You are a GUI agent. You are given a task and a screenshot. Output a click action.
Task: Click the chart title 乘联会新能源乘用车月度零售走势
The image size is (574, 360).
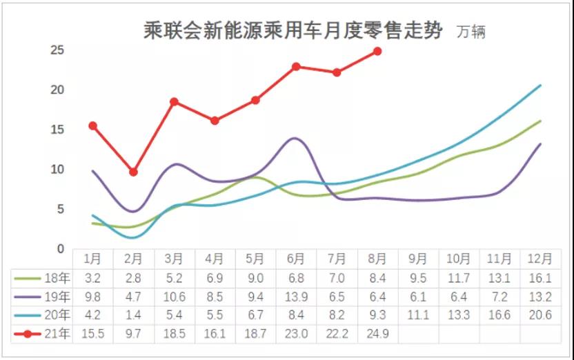tap(293, 30)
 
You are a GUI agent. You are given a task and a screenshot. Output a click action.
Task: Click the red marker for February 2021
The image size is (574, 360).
tap(133, 172)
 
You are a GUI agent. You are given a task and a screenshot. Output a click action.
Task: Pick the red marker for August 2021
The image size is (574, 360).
tap(377, 51)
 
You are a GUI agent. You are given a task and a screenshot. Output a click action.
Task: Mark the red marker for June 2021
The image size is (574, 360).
tap(296, 66)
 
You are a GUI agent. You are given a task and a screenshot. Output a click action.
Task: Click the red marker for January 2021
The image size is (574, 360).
tap(92, 126)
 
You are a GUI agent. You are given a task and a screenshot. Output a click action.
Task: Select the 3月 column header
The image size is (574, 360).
tap(174, 259)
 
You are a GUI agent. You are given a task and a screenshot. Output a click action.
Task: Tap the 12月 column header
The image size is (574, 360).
tap(540, 259)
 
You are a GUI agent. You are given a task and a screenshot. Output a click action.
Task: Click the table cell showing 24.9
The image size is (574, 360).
tap(377, 334)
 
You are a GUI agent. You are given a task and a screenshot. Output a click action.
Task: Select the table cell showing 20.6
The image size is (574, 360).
tap(540, 315)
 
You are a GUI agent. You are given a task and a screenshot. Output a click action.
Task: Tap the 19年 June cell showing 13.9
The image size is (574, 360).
tap(296, 297)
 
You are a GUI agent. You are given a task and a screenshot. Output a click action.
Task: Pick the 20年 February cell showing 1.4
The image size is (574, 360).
tap(133, 315)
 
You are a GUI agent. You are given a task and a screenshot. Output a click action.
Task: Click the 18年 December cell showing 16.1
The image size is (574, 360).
tap(540, 278)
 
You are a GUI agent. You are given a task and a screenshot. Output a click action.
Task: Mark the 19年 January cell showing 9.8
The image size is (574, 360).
tap(92, 297)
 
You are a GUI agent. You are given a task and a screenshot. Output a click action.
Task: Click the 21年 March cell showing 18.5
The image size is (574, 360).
tap(174, 334)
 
